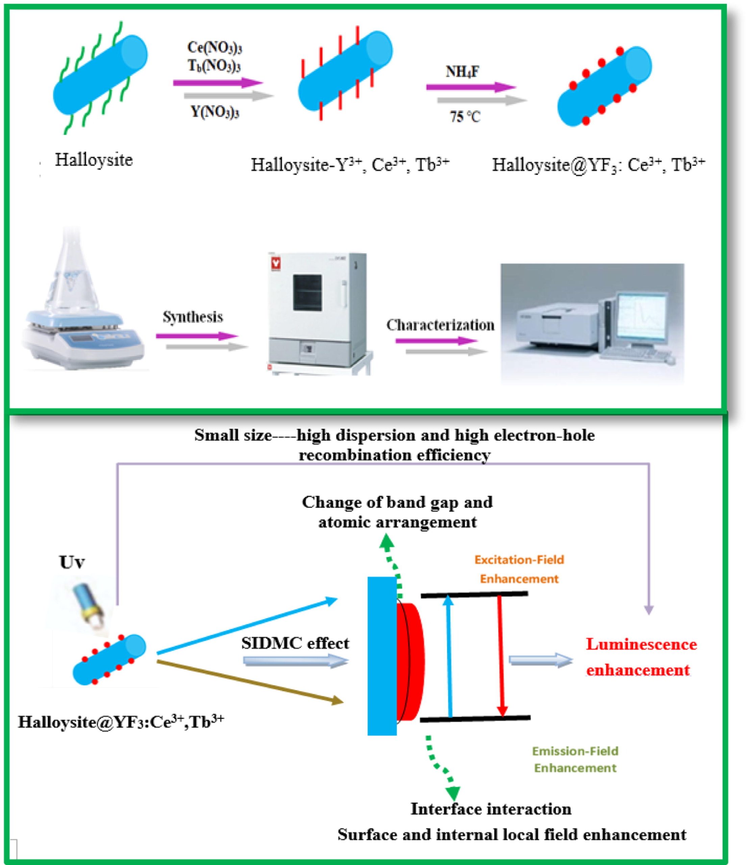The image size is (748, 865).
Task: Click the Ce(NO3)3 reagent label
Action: pyautogui.click(x=215, y=48)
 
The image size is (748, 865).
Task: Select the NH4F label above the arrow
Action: pyautogui.click(x=462, y=72)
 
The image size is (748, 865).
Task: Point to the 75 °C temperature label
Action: pyautogui.click(x=465, y=117)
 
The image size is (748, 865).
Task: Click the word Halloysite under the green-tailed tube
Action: pyautogui.click(x=94, y=160)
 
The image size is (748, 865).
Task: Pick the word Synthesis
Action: pyautogui.click(x=193, y=317)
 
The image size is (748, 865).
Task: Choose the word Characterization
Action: pyautogui.click(x=440, y=325)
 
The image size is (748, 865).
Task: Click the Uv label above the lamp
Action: pyautogui.click(x=72, y=562)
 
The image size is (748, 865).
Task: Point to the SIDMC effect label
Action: pyautogui.click(x=295, y=643)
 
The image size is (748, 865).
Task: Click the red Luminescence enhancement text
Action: pyautogui.click(x=641, y=657)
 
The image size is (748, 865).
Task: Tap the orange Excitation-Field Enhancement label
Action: pyautogui.click(x=519, y=569)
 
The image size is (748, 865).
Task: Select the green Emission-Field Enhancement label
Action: pyautogui.click(x=575, y=759)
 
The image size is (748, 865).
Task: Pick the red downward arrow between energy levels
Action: pyautogui.click(x=501, y=656)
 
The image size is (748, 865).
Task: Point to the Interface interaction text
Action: pyautogui.click(x=491, y=809)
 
